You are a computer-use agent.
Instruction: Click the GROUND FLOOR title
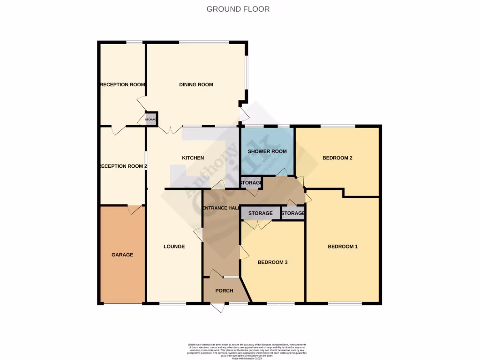click(238, 9)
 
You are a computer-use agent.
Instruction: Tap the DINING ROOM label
click(196, 85)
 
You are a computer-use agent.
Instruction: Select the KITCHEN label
click(193, 158)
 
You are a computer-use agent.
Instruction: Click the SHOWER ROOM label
click(267, 151)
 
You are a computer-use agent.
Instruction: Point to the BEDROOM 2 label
click(337, 158)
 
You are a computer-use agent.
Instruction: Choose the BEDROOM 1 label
click(343, 247)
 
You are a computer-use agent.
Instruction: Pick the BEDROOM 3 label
click(272, 262)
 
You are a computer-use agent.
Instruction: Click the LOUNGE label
click(174, 247)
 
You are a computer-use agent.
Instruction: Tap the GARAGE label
click(122, 255)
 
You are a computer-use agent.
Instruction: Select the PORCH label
click(224, 291)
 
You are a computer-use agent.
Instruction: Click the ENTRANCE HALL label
click(221, 208)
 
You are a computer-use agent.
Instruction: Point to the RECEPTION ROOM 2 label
click(123, 166)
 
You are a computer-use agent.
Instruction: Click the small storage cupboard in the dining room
click(151, 120)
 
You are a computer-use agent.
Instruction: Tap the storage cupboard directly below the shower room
click(250, 182)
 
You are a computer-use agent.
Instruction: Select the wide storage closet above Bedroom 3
click(260, 213)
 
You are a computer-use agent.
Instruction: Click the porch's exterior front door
click(217, 307)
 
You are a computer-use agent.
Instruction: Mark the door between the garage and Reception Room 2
click(135, 210)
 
